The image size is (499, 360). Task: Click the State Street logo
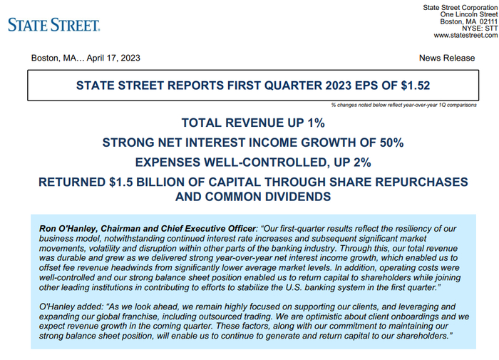coord(53,25)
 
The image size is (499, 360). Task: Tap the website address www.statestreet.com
coord(465,36)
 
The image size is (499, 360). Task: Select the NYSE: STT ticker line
coord(480,29)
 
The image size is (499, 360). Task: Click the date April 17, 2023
coord(113,58)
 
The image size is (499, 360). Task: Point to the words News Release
coord(447,58)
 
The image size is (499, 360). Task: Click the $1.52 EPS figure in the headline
coord(416,86)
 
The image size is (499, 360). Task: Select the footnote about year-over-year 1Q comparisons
coord(404,105)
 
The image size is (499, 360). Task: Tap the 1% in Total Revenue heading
coord(316,123)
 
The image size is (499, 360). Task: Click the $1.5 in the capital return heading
coord(121,182)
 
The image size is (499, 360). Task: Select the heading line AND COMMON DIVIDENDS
coord(253,197)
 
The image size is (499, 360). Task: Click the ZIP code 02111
coord(488,21)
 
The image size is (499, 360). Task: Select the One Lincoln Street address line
coord(469,14)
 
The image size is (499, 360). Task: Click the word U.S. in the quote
coord(293,287)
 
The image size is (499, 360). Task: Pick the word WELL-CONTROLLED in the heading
coord(266,163)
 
